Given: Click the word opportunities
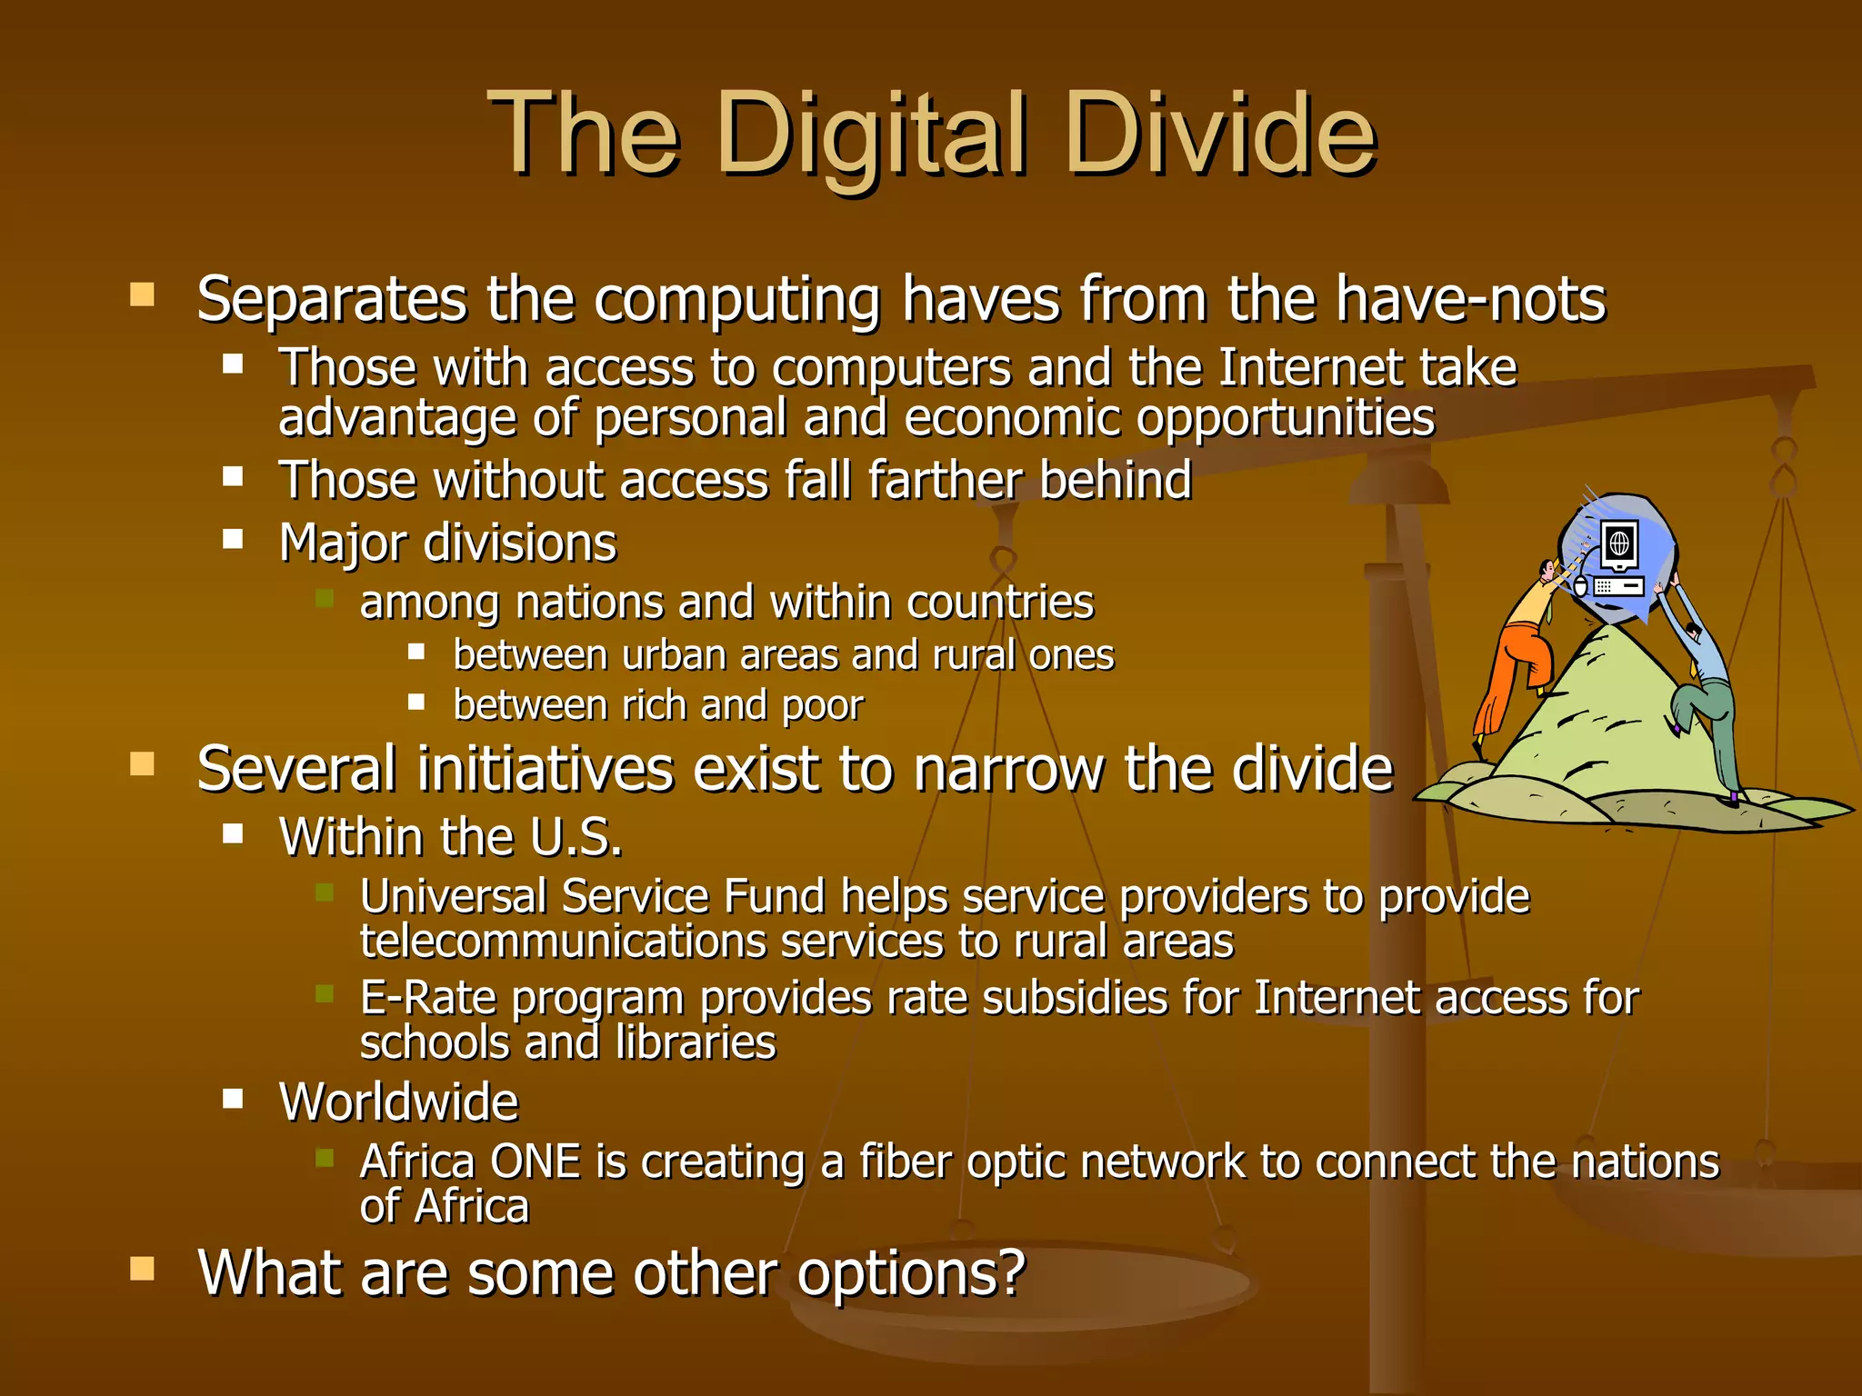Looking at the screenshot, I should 1286,418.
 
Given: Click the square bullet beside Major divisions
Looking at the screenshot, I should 234,540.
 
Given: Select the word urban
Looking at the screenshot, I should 673,655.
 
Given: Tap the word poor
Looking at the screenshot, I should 822,706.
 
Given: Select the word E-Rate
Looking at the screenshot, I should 428,998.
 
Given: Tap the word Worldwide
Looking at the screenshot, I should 398,1102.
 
